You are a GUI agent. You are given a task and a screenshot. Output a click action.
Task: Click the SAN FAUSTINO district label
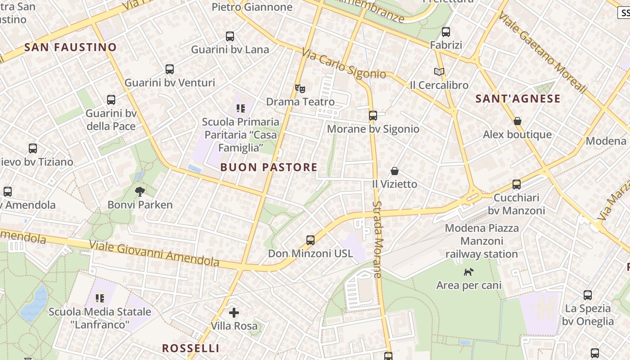point(71,47)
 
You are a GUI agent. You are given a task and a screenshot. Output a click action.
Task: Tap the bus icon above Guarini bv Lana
point(230,36)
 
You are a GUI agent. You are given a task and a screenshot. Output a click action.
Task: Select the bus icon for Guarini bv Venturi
point(170,69)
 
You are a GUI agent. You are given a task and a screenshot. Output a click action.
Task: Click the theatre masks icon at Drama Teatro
point(300,88)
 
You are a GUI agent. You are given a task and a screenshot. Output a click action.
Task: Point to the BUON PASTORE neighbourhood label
point(269,167)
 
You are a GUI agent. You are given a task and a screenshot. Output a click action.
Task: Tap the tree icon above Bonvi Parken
point(140,192)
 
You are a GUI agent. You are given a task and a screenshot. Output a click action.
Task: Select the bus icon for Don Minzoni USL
point(310,240)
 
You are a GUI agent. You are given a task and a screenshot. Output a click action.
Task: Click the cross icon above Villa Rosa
point(234,312)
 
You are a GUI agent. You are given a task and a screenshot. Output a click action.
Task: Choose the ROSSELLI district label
point(191,348)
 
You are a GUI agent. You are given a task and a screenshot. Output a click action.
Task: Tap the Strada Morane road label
point(377,239)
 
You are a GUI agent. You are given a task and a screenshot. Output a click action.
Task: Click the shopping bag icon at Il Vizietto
point(395,171)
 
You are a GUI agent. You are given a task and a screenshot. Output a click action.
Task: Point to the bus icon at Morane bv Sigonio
point(373,116)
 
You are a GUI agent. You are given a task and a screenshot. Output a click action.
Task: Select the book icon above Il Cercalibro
point(439,72)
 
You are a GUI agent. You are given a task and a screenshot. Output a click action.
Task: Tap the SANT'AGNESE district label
point(518,99)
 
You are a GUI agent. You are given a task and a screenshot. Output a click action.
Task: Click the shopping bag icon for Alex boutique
point(517,121)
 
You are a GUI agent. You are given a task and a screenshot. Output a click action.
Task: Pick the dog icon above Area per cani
point(469,272)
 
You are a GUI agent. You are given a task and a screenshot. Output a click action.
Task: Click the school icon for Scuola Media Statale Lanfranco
point(100,298)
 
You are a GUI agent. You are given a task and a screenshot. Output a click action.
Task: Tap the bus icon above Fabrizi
point(446,32)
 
